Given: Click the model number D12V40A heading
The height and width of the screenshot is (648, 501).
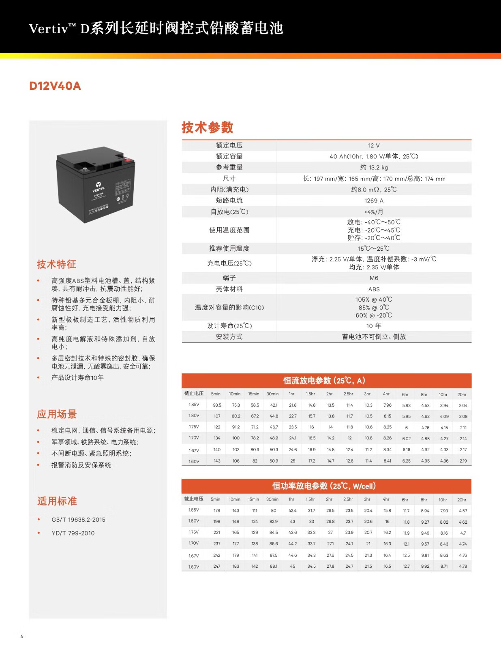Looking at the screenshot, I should [55, 86].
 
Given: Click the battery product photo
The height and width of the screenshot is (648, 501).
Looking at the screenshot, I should [96, 184].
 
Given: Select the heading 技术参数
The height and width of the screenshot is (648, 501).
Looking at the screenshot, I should [207, 127].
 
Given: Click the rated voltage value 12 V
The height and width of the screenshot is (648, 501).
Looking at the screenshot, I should [374, 145].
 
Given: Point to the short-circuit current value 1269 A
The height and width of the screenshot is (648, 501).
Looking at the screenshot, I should [374, 200].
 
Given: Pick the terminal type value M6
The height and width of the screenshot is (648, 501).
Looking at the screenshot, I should [374, 278].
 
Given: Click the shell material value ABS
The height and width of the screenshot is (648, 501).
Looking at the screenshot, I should [374, 289].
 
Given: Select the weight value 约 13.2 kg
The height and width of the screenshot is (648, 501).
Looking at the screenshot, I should [374, 167].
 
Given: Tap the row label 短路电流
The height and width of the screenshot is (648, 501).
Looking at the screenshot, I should [229, 200].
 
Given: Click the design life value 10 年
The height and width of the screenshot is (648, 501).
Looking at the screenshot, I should [374, 326].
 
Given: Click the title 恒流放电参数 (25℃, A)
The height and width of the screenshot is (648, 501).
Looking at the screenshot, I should [324, 380].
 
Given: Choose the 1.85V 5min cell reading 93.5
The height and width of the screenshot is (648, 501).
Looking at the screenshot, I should [217, 405].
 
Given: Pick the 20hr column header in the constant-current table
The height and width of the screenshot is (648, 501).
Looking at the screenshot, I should [462, 394].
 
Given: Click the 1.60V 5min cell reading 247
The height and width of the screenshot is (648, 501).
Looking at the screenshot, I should [217, 566].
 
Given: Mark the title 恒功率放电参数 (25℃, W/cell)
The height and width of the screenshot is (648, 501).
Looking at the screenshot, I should [324, 486].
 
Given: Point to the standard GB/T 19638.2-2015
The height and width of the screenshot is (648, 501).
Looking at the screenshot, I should [78, 520].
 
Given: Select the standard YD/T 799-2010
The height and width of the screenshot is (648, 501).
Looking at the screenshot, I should [73, 533].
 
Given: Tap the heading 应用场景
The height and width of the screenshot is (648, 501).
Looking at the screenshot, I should [57, 414].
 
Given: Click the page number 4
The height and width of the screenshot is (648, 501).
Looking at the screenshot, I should [22, 636].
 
